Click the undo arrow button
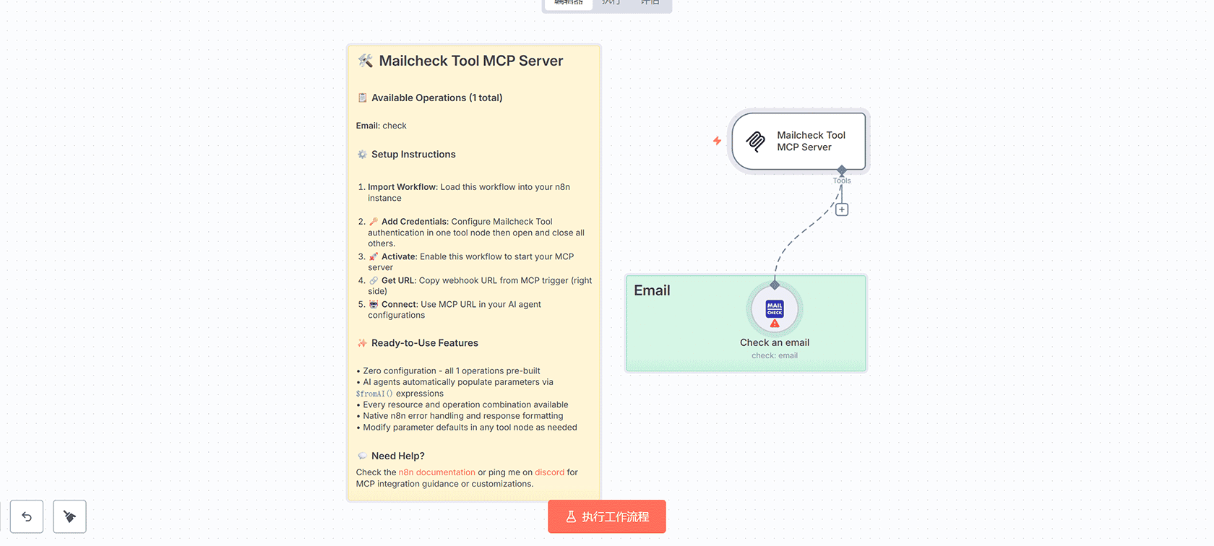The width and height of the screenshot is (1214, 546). (27, 516)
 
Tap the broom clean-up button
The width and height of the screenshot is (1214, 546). (69, 516)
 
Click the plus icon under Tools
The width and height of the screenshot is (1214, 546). (842, 209)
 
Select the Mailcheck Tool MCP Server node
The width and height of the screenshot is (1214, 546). (798, 142)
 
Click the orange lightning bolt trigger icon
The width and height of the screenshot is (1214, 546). (717, 141)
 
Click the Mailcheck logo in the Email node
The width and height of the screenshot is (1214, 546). (775, 308)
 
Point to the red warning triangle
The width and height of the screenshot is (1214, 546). (775, 324)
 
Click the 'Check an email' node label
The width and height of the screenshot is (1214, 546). (775, 342)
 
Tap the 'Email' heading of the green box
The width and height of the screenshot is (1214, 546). (652, 290)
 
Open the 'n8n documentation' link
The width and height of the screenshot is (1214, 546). (436, 472)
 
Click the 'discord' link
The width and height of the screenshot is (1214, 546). (549, 472)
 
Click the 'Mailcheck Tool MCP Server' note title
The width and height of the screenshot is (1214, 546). (470, 61)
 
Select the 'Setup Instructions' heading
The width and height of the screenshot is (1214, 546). (413, 155)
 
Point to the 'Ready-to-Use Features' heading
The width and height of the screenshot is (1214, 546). (424, 343)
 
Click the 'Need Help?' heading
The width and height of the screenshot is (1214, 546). (397, 456)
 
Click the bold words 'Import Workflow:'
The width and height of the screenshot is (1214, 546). (402, 187)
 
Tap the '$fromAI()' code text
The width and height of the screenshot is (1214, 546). (374, 394)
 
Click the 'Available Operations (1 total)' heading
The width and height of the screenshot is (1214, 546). (436, 98)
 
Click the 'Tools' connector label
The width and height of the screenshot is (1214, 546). (842, 181)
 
